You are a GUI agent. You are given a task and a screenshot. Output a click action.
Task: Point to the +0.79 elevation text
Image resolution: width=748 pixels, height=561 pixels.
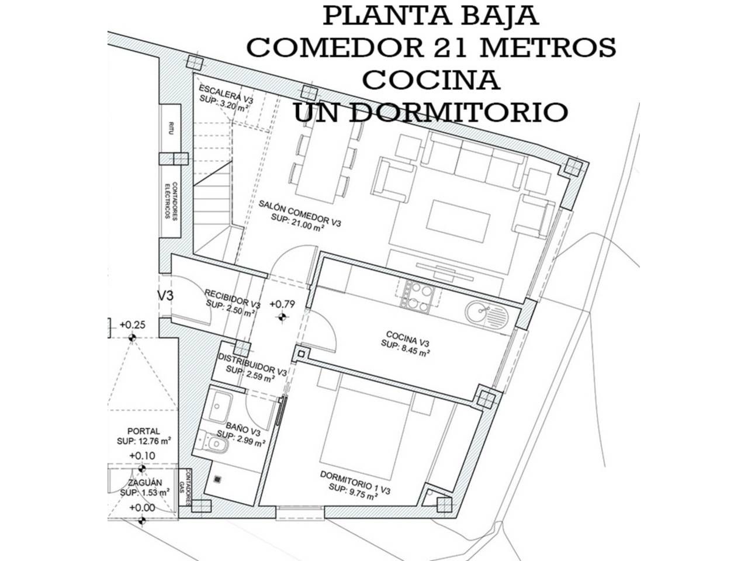coord(282,304)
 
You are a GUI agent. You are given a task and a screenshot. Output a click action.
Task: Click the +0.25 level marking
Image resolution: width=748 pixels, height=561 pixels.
coord(131,325)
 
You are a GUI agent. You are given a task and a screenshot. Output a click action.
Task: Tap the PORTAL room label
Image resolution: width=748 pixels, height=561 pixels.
coord(143,431)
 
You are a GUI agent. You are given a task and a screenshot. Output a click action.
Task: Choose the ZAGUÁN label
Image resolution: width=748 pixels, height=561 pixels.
coord(144,483)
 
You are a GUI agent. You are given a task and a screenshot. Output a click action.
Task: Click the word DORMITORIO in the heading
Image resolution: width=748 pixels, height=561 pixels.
coord(461,112)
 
